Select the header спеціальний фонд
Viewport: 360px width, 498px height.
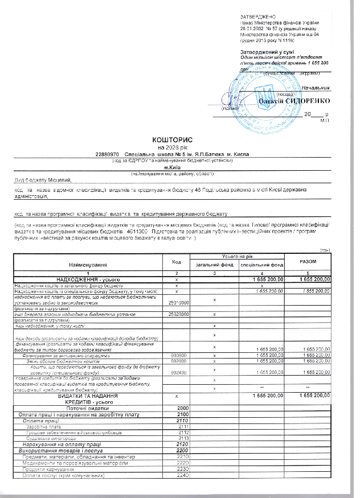262,265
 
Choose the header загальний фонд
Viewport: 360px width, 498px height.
214,265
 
